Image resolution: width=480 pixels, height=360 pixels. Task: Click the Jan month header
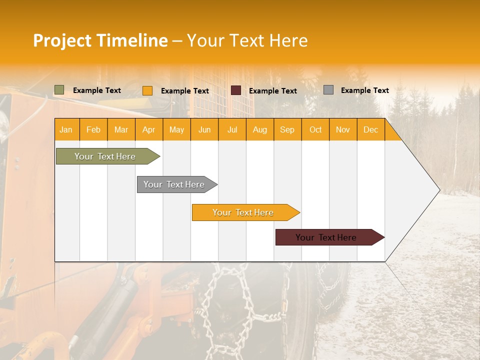[x=66, y=129]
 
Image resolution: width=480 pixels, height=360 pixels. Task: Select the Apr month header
[x=148, y=129]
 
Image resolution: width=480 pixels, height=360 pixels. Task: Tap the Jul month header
[x=232, y=129]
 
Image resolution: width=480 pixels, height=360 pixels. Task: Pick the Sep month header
[x=287, y=129]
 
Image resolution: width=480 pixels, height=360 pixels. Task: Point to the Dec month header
[x=370, y=129]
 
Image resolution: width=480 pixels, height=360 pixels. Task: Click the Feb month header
[x=93, y=129]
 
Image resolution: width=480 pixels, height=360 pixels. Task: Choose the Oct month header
[x=315, y=129]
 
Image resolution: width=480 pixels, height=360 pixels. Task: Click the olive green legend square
[x=59, y=90]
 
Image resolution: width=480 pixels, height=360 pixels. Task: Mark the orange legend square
[x=147, y=90]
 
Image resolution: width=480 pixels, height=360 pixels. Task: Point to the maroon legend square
[x=236, y=90]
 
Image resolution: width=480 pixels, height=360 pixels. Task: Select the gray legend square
[x=328, y=90]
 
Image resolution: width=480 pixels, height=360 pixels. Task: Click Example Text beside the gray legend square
[x=364, y=90]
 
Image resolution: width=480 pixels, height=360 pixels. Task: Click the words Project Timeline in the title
[x=100, y=40]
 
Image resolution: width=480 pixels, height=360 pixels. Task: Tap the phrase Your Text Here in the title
[x=247, y=40]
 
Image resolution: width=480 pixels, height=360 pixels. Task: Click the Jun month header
[x=204, y=129]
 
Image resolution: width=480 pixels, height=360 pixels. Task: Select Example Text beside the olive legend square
[x=97, y=90]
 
